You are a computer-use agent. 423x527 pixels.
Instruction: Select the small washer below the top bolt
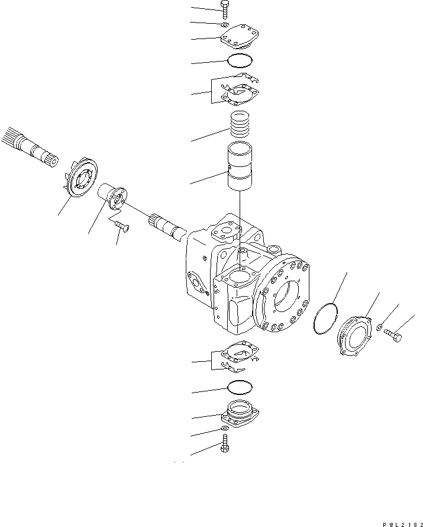click(225, 25)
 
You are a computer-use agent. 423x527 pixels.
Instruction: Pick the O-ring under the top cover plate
click(239, 60)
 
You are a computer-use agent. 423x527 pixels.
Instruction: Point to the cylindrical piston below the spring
click(240, 167)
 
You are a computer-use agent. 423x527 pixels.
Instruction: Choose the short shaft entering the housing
click(169, 226)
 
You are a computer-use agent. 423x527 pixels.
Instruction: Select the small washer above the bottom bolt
click(225, 428)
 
